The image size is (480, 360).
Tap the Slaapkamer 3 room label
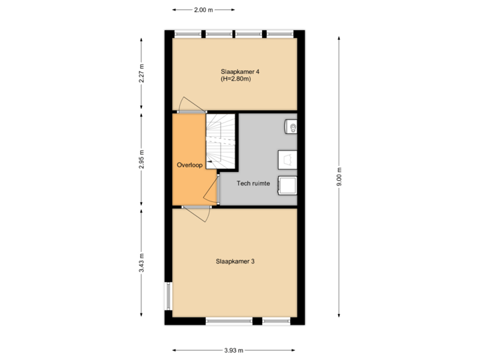(x=235, y=261)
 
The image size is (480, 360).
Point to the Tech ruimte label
(x=254, y=183)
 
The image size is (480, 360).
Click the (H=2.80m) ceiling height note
(x=237, y=79)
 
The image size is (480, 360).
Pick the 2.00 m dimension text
(x=203, y=10)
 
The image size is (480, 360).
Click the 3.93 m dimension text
(x=234, y=349)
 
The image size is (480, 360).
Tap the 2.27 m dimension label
(x=141, y=73)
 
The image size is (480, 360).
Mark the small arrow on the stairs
(x=211, y=161)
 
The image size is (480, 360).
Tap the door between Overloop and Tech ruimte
(x=213, y=189)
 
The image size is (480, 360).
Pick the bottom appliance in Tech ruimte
(x=287, y=185)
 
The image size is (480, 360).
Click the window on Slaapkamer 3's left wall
(x=168, y=296)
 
